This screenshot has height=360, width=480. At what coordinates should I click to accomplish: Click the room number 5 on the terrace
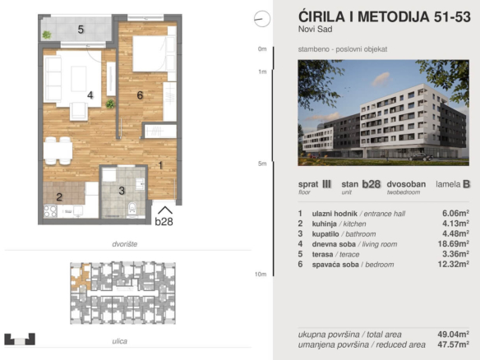81,30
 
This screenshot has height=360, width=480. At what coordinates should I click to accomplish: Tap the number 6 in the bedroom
140,95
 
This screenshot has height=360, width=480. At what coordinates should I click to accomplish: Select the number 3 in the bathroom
122,191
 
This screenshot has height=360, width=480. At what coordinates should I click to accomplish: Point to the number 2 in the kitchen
59,197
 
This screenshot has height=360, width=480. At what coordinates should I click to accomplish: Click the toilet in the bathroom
132,208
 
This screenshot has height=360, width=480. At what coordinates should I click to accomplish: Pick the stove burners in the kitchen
50,211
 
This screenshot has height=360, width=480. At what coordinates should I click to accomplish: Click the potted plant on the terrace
47,35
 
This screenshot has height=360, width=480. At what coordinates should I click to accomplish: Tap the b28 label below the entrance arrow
164,221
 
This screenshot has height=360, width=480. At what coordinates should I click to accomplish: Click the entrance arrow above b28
164,210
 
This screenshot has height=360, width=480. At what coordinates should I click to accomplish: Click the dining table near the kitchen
58,150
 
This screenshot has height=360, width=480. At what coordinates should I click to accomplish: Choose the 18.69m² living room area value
454,244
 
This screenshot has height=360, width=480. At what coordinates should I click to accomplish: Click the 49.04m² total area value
454,335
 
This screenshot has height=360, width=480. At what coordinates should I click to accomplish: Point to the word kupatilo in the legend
325,234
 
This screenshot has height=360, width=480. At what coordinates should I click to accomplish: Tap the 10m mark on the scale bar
261,275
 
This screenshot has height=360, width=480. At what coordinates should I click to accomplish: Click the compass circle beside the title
262,19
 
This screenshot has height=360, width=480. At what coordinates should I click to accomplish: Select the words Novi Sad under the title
316,30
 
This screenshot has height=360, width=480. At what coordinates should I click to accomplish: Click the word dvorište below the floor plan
125,244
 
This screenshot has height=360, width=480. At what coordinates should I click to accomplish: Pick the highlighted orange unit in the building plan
81,277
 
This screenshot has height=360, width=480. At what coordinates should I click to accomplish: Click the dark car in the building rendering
420,157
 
